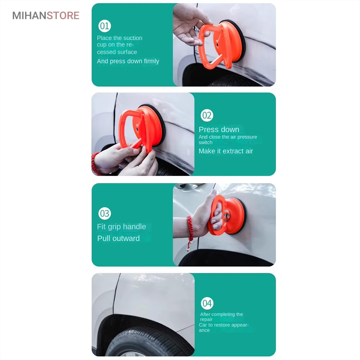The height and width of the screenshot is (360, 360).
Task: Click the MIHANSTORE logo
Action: pyautogui.click(x=46, y=16)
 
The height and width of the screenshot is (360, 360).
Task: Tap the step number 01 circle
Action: pyautogui.click(x=105, y=26)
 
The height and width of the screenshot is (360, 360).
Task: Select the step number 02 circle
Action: pyautogui.click(x=207, y=115)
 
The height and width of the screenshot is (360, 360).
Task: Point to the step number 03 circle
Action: pyautogui.click(x=105, y=213)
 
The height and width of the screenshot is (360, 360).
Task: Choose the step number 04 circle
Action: pyautogui.click(x=207, y=303)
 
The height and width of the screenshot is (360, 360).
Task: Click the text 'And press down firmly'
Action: pyautogui.click(x=128, y=61)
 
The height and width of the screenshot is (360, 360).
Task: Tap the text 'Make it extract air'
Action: pyautogui.click(x=226, y=151)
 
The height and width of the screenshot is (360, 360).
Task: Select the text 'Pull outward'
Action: pyautogui.click(x=118, y=238)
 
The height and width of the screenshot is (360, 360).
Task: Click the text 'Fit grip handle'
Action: pyautogui.click(x=121, y=227)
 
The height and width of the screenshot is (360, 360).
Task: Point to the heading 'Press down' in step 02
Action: pyautogui.click(x=219, y=130)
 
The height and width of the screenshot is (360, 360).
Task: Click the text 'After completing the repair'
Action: pyautogui.click(x=221, y=317)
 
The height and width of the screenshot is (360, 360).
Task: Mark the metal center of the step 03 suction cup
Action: pyautogui.click(x=226, y=216)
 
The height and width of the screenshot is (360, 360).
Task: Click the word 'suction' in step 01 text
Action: pyautogui.click(x=133, y=38)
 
